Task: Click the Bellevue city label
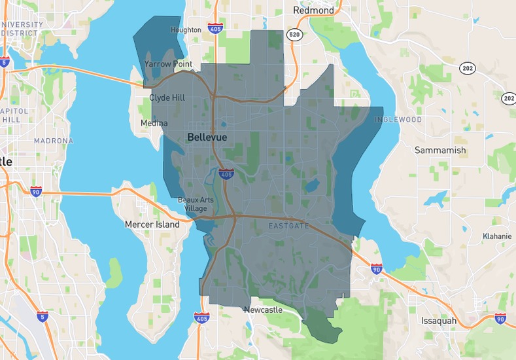click(x=207, y=137)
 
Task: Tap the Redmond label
click(x=313, y=10)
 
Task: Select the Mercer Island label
click(x=152, y=225)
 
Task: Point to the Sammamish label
click(x=440, y=150)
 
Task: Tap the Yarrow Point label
click(x=168, y=64)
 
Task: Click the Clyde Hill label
click(x=168, y=98)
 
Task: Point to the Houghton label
click(x=186, y=30)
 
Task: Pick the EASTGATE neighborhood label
click(x=287, y=226)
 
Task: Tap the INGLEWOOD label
click(x=398, y=120)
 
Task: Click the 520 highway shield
click(x=294, y=35)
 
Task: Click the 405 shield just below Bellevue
click(x=226, y=174)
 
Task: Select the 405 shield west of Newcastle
click(x=201, y=317)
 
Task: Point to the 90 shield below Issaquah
click(x=500, y=319)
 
